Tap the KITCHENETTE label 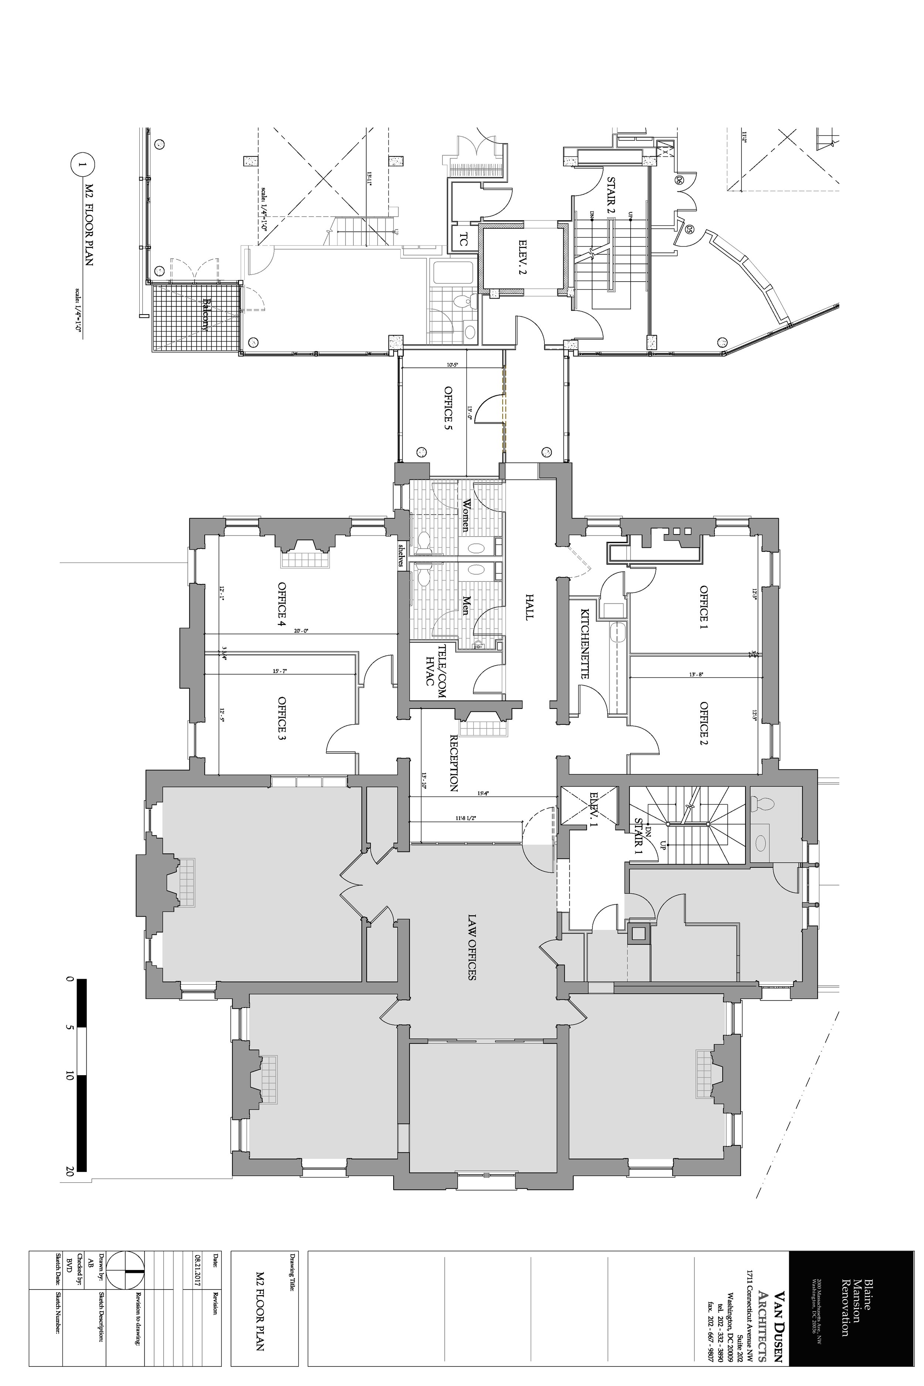[x=585, y=643]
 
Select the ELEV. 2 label [x=523, y=258]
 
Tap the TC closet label [x=463, y=240]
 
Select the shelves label [x=401, y=555]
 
